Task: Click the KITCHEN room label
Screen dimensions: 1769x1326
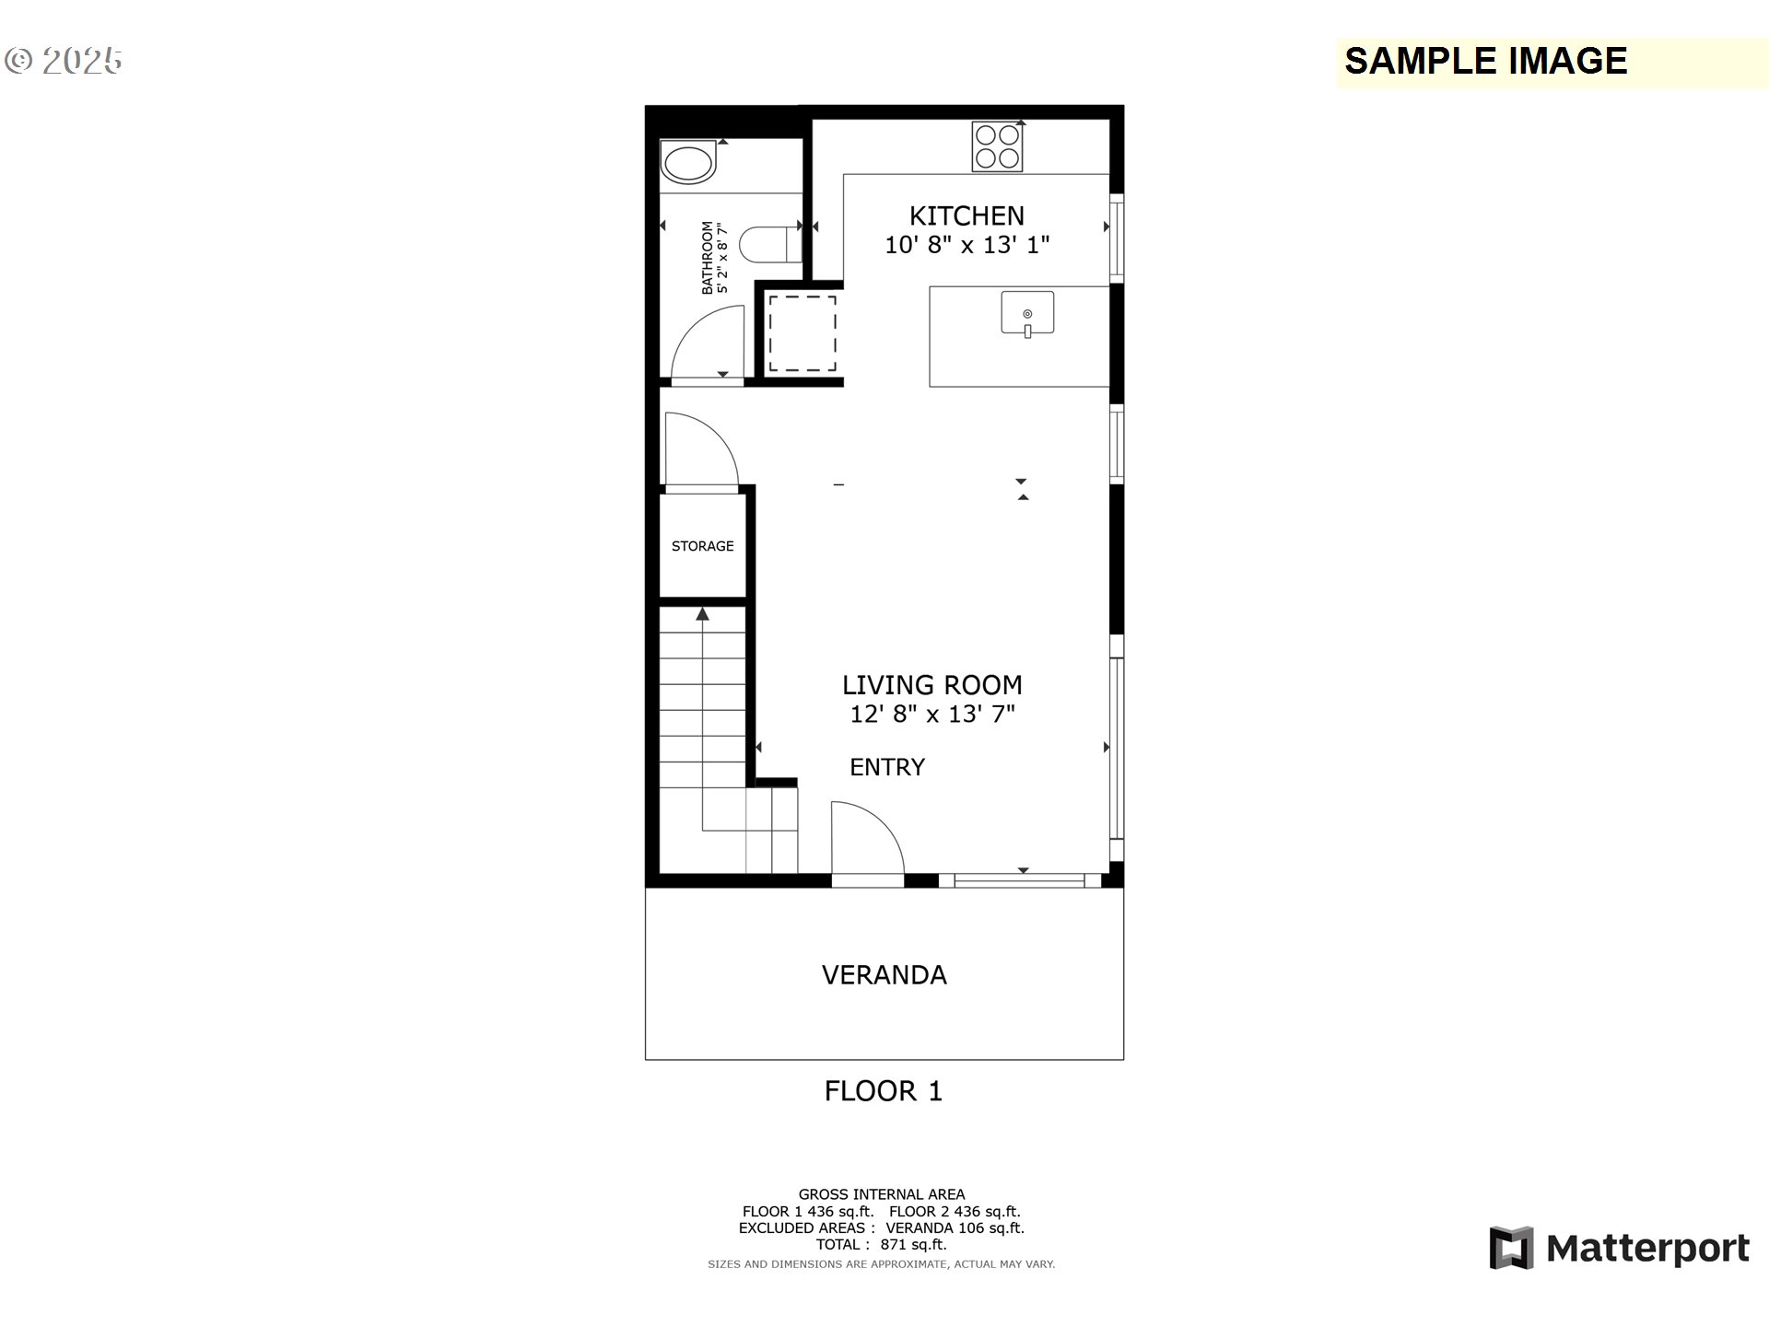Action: [967, 215]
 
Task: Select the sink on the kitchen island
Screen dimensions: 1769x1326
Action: [1027, 314]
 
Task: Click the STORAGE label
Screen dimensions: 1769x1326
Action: [703, 546]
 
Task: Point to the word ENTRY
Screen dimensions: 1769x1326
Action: [887, 767]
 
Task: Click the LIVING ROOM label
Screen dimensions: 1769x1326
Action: [932, 685]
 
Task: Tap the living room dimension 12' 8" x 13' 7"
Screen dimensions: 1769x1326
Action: [932, 714]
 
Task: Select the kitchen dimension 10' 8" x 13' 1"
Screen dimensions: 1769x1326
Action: [967, 245]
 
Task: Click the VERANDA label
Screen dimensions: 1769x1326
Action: [884, 975]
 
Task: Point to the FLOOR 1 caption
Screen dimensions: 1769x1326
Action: [884, 1091]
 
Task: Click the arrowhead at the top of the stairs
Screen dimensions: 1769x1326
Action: [703, 613]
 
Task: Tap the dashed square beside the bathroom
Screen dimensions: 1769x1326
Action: [802, 333]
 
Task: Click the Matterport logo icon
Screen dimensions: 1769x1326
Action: [1511, 1248]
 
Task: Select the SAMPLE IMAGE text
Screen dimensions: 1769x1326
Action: [1486, 61]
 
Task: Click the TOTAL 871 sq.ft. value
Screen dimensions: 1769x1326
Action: [882, 1245]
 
